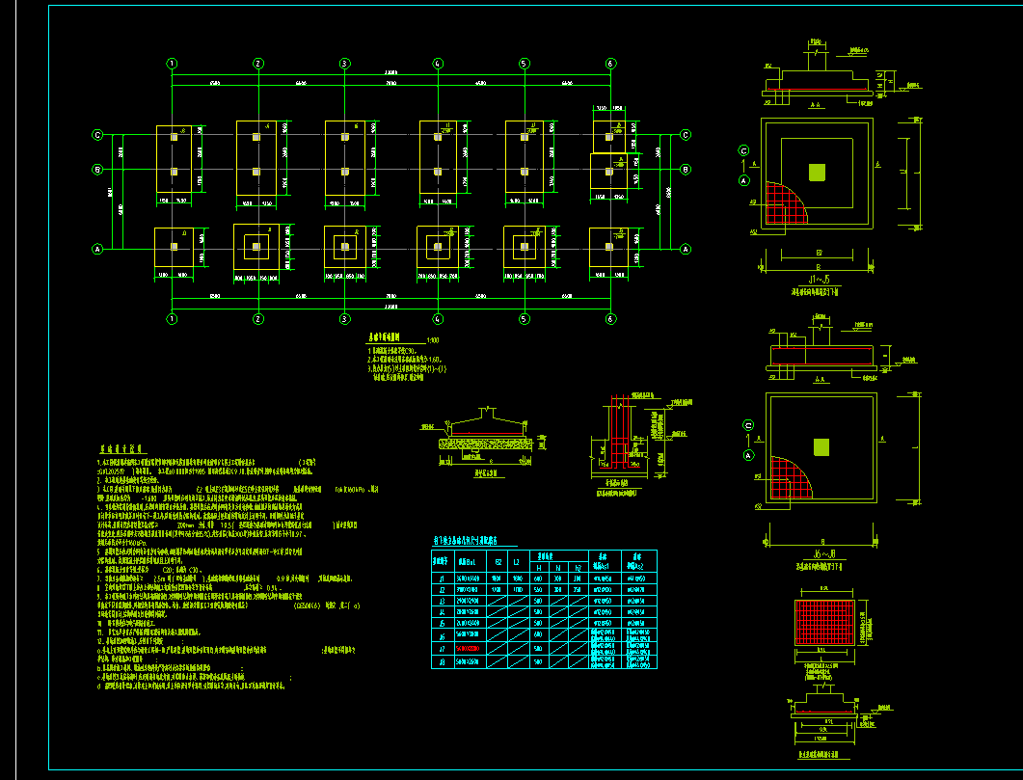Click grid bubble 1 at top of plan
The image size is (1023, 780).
(x=172, y=64)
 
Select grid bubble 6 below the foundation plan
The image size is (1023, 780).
(x=610, y=319)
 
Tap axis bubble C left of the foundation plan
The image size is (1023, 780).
(x=97, y=135)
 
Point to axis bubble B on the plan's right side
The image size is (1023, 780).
(x=686, y=170)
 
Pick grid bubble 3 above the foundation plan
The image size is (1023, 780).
(x=344, y=64)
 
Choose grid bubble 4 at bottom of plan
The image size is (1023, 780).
(x=438, y=319)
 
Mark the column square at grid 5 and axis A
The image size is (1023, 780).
(x=524, y=247)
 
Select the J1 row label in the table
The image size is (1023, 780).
(x=442, y=578)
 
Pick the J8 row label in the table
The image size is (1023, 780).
(x=442, y=662)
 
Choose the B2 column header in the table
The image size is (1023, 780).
(x=498, y=561)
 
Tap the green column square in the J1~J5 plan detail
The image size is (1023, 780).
(x=818, y=173)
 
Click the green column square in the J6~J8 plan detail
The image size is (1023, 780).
(x=821, y=446)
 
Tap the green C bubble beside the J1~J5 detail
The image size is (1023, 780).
(x=744, y=150)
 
